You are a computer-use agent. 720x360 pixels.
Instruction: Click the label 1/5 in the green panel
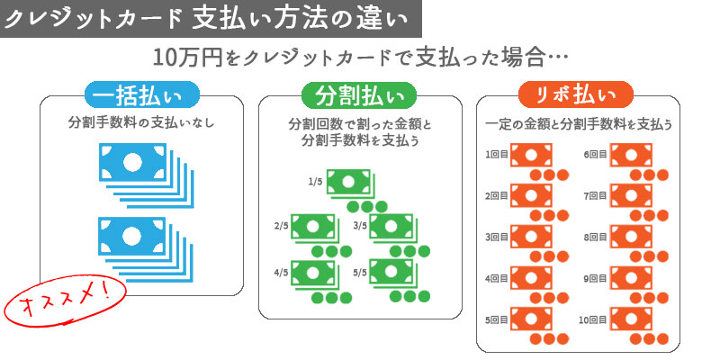[315, 182]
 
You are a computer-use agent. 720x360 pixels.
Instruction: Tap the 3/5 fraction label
[359, 226]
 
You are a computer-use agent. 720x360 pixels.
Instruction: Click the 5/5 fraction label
[359, 270]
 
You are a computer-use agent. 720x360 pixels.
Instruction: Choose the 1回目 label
[497, 155]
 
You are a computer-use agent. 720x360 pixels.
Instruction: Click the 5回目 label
[497, 319]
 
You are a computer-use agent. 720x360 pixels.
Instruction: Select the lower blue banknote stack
[136, 242]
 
